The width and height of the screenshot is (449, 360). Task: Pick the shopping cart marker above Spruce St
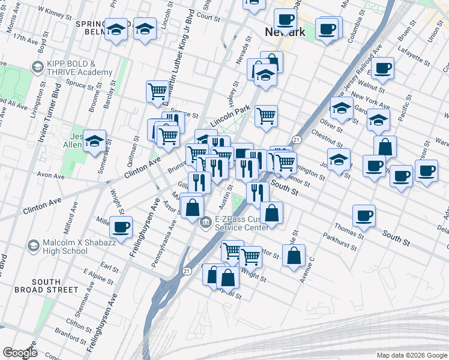[157, 91]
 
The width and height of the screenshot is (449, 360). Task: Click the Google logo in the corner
[20, 353]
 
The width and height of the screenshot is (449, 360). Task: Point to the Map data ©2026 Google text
[411, 355]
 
